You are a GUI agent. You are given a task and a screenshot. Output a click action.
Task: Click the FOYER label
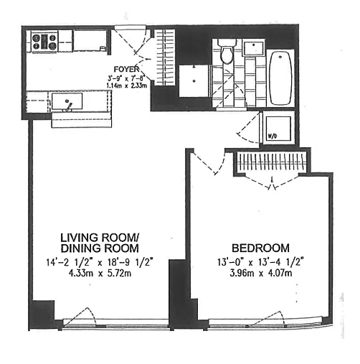click(126, 69)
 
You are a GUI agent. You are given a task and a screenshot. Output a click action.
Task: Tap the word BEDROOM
click(260, 248)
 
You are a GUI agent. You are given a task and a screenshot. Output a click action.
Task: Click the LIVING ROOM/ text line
click(100, 238)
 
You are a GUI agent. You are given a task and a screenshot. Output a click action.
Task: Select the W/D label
click(273, 136)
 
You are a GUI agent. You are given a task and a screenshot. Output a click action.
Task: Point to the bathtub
click(280, 78)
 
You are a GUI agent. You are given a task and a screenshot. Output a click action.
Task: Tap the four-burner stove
click(44, 41)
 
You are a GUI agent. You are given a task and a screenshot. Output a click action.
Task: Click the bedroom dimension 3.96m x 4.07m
click(260, 273)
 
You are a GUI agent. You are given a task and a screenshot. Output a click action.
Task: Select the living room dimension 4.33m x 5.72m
click(100, 273)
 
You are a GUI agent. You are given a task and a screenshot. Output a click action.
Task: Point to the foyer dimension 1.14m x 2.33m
click(126, 85)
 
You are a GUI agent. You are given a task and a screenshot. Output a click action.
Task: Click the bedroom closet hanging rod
click(273, 163)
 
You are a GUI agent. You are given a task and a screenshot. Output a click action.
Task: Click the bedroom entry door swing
click(209, 162)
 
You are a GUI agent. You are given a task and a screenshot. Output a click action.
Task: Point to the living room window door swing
click(80, 317)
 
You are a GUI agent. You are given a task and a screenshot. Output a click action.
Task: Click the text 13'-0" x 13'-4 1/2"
click(260, 261)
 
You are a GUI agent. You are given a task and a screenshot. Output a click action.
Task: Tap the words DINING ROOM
click(100, 248)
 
